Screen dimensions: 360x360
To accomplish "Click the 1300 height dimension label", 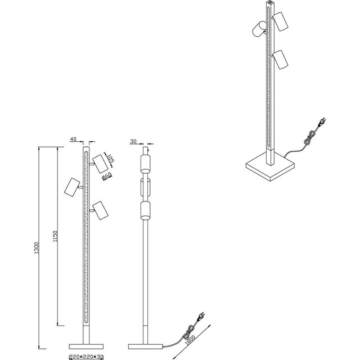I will click(35, 247).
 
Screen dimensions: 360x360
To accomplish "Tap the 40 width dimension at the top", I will click(74, 138).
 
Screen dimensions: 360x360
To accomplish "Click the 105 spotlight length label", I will click(111, 160).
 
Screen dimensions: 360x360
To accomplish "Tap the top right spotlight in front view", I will click(100, 164).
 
